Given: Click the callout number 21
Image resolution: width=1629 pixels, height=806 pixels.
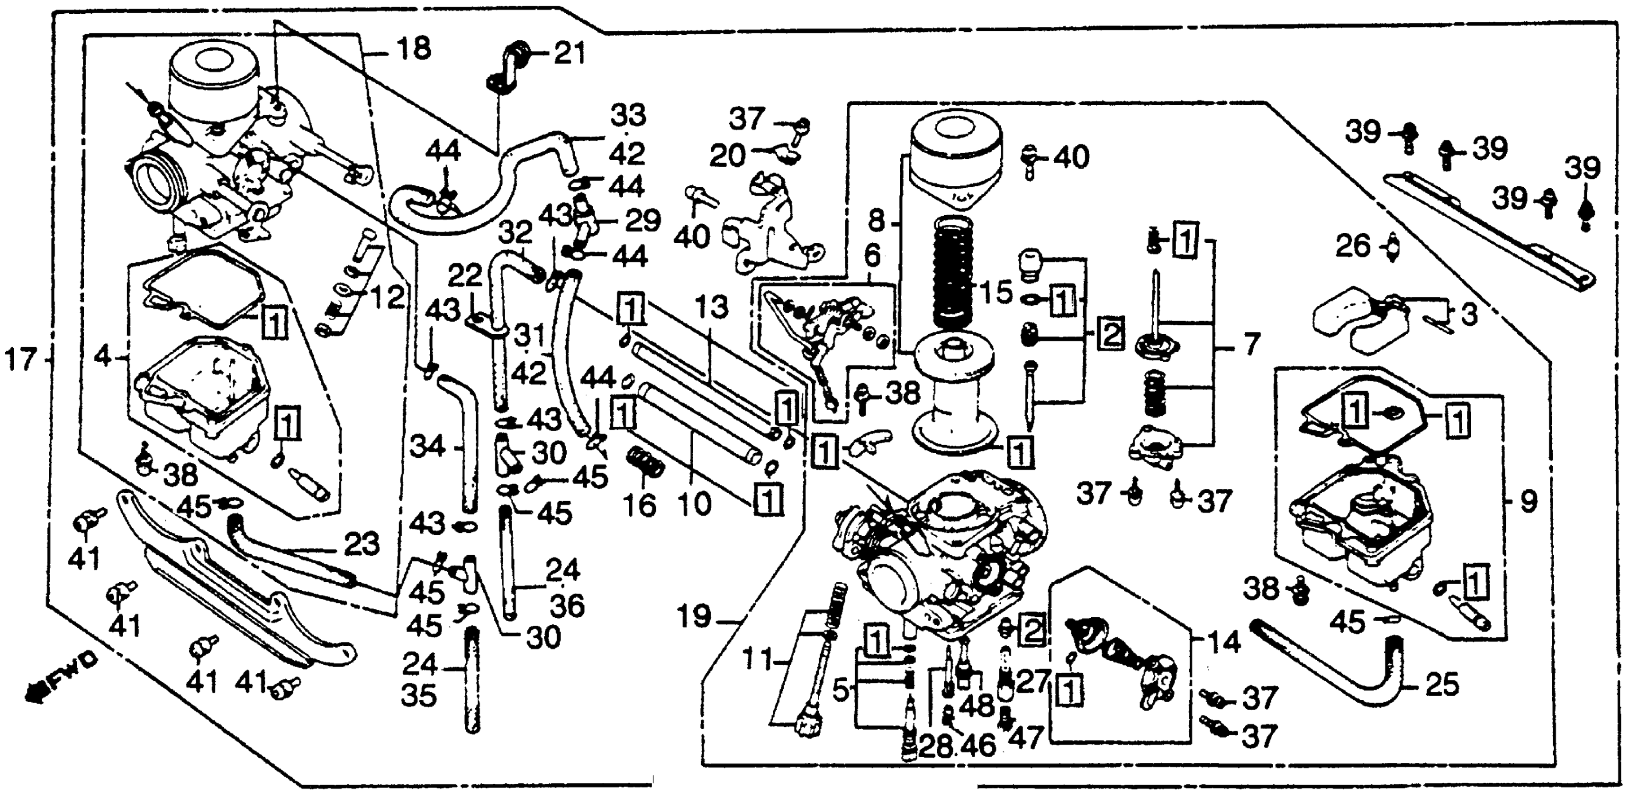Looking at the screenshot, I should tap(569, 55).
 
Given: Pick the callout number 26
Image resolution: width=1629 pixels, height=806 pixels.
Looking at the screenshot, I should tap(1353, 246).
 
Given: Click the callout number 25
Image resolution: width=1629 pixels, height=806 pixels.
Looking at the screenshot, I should tap(1442, 685).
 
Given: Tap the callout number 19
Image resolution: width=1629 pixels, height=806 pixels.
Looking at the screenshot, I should tap(694, 615).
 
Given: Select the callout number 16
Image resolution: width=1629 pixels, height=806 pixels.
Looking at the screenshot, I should tap(640, 505).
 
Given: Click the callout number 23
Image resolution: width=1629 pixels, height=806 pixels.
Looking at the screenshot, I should tap(362, 544).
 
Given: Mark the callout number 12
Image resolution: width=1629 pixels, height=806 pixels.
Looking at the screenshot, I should tap(386, 297).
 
